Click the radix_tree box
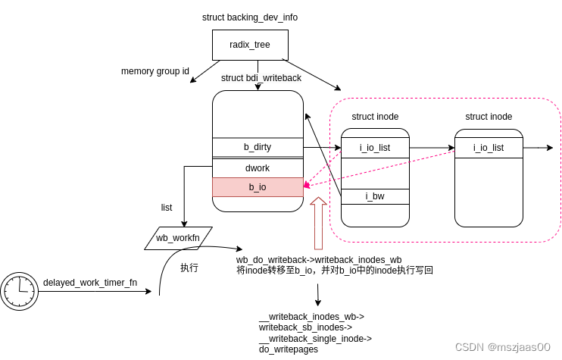tap(250, 45)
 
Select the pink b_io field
tap(258, 187)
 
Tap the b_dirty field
tap(258, 147)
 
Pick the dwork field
tap(258, 167)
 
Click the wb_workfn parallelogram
tap(178, 238)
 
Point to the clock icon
tap(19, 291)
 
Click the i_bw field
tap(375, 196)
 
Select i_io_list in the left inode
tap(375, 148)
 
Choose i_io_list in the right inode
tap(489, 148)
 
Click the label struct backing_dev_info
tap(249, 17)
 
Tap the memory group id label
tap(155, 71)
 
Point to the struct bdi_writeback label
tap(261, 78)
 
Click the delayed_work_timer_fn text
tap(90, 283)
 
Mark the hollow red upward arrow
tap(318, 223)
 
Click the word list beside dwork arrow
tap(167, 208)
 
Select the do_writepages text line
tap(289, 349)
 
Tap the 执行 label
tap(189, 268)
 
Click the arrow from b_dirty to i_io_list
tap(322, 148)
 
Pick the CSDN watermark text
tap(502, 347)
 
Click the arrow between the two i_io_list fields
tap(432, 148)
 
